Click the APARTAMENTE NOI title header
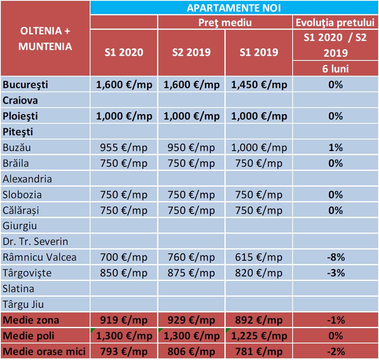pos(234,8)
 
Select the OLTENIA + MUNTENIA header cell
pos(45,38)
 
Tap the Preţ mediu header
pos(225,22)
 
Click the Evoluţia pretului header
pos(335,22)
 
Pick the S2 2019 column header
pos(191,52)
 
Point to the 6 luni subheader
pos(335,68)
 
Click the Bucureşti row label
pos(26,85)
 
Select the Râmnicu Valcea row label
pos(40,257)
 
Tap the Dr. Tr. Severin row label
pos(36,242)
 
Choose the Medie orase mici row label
pos(44,352)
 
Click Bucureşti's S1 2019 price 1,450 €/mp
pos(259,85)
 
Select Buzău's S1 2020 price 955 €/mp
pos(124,148)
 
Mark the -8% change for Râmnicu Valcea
pos(336,257)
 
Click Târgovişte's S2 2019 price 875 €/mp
pos(191,273)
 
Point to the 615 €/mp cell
pos(259,257)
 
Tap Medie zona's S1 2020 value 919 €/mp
pos(124,320)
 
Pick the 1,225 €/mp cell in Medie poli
pos(259,336)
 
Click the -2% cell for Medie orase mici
pos(336,352)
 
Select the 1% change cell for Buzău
pos(336,148)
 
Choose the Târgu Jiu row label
pos(24,305)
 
